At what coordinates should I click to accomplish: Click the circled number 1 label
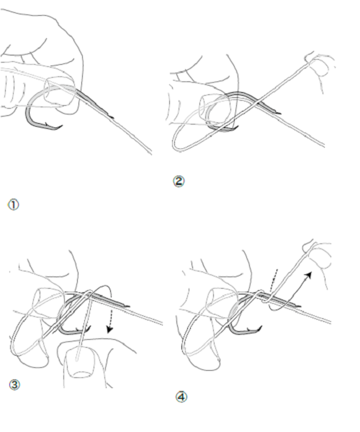click(x=13, y=204)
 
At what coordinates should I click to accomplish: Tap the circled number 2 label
click(x=179, y=181)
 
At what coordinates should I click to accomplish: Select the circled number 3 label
click(x=14, y=384)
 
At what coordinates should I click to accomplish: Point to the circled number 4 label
click(x=181, y=397)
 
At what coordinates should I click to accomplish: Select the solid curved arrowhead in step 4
click(x=310, y=275)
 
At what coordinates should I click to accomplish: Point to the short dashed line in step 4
click(x=274, y=280)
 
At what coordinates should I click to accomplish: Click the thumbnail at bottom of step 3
click(x=80, y=361)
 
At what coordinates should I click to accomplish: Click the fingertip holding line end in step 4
click(x=320, y=255)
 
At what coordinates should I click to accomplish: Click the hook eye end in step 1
click(x=111, y=117)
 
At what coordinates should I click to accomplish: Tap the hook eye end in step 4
click(x=297, y=305)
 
